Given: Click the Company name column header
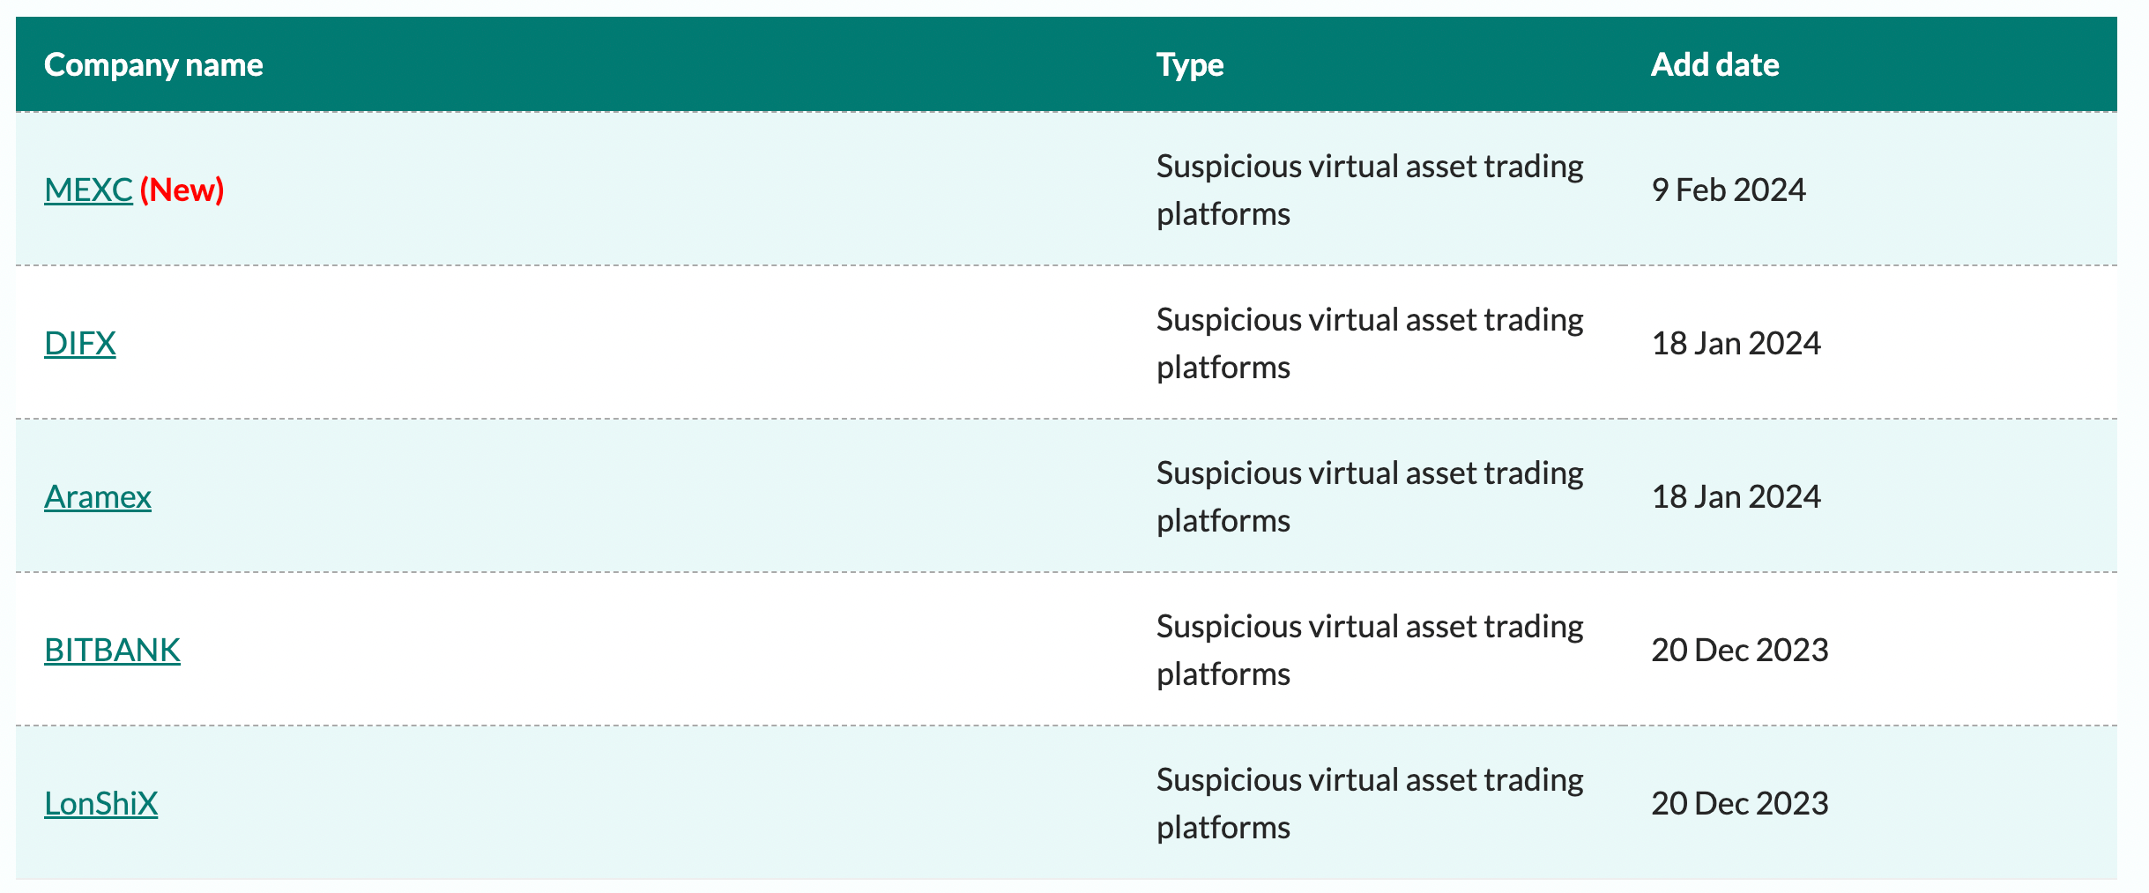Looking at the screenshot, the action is [153, 65].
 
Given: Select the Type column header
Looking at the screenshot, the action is [1190, 65].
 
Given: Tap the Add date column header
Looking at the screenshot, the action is [1714, 64].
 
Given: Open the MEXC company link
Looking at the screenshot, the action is [88, 190].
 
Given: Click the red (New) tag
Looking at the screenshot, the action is [182, 190].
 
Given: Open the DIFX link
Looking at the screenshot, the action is [80, 343].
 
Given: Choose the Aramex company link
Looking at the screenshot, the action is [98, 496].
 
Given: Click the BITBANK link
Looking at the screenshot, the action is [112, 650].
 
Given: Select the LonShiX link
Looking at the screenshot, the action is [101, 803].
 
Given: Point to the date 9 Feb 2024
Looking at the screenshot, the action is [1729, 190].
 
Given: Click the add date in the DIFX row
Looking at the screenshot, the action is [1736, 343].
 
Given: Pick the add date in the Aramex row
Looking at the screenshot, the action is [1736, 496].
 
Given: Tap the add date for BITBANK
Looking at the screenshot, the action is [1740, 650].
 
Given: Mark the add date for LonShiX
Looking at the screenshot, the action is [1740, 803].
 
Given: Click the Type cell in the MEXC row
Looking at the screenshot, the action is [1370, 190].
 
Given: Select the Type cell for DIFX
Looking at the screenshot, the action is [1370, 343].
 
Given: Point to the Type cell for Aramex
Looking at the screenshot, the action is [1370, 496].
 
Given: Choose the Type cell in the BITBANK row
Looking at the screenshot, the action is [1370, 650].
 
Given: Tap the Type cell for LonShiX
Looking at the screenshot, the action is [1370, 803].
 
